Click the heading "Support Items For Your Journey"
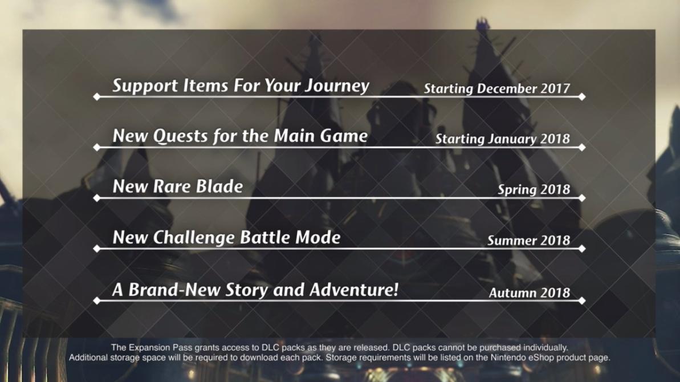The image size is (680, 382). click(x=241, y=86)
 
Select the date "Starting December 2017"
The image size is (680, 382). click(x=497, y=88)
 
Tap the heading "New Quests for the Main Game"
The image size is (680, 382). click(x=240, y=136)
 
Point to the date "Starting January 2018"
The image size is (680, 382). click(x=503, y=139)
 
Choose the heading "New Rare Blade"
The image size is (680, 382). click(x=177, y=186)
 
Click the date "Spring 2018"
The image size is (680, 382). click(x=534, y=189)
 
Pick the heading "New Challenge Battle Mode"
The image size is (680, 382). click(x=226, y=238)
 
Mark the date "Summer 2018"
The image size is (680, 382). click(x=528, y=240)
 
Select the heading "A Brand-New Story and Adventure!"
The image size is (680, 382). click(x=255, y=290)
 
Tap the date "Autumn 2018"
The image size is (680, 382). click(x=530, y=292)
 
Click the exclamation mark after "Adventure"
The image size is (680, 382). click(x=395, y=289)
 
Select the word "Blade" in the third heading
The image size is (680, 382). click(x=219, y=186)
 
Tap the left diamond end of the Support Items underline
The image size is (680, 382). click(x=97, y=97)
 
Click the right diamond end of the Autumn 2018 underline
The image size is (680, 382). click(x=582, y=300)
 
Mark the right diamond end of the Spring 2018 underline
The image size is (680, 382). click(x=582, y=198)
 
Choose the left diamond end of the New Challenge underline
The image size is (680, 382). click(x=97, y=249)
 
